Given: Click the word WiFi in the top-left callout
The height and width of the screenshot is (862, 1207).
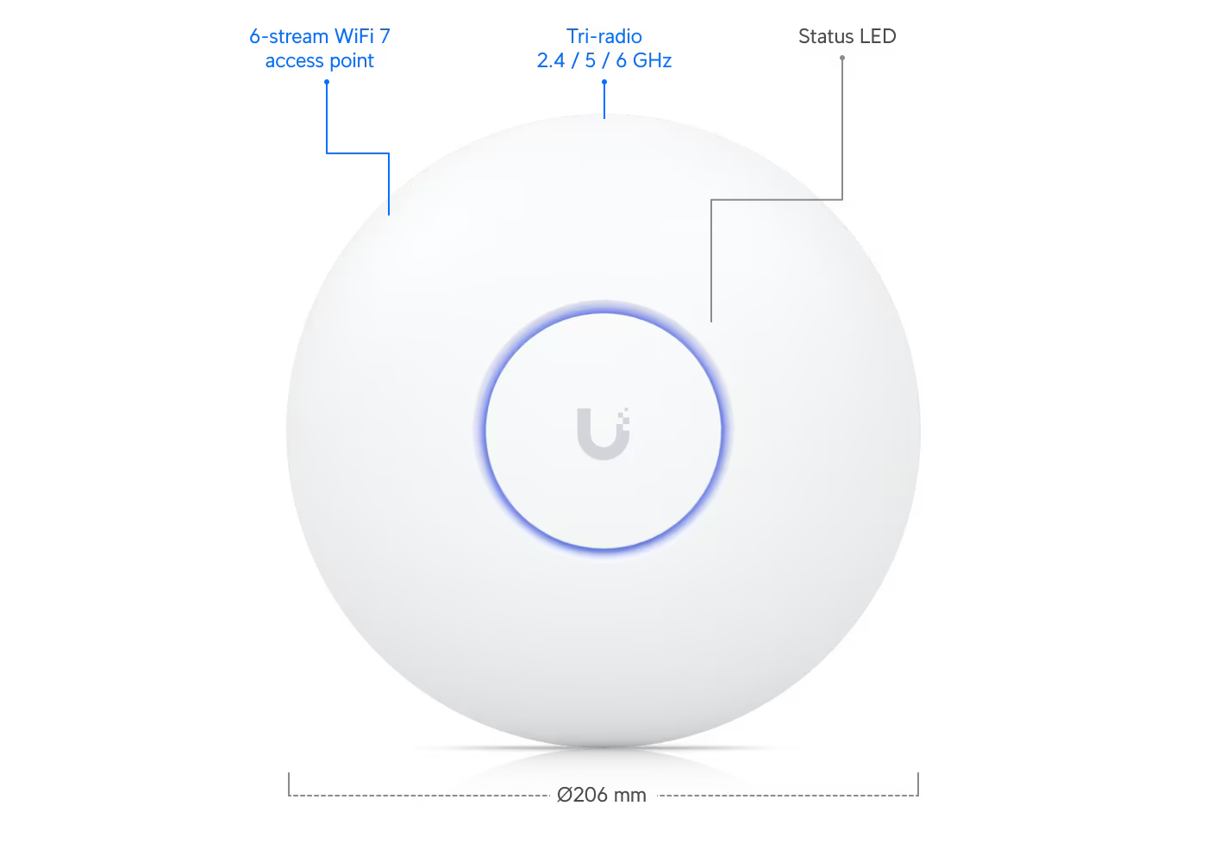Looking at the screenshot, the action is click(x=353, y=36).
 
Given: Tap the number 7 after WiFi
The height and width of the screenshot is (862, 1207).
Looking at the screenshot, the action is click(x=385, y=36).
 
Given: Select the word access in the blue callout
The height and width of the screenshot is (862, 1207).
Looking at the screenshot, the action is click(x=294, y=61).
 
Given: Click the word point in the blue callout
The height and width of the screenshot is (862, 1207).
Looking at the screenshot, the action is click(x=352, y=61).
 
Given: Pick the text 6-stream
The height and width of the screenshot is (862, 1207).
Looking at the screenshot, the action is click(x=288, y=36).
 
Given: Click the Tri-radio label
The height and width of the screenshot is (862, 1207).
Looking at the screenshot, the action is click(x=604, y=36).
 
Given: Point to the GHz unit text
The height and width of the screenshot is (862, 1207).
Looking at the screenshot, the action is click(x=652, y=60).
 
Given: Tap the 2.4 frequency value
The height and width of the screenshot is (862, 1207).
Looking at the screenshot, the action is click(x=551, y=60).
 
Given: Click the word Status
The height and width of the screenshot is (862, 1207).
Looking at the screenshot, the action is click(x=826, y=36).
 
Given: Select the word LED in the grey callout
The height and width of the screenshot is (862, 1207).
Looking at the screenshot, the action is click(x=879, y=36).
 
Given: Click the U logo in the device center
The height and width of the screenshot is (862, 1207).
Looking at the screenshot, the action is click(x=603, y=434).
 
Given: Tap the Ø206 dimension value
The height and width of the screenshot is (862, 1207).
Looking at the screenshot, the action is click(x=583, y=795).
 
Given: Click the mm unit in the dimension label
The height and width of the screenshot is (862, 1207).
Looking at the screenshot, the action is click(x=630, y=796).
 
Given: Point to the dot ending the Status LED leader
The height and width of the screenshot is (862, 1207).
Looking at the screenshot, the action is click(x=842, y=58).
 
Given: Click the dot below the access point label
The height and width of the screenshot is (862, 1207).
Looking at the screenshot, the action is click(x=327, y=82).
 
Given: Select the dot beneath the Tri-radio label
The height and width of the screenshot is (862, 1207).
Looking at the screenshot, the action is click(x=604, y=82).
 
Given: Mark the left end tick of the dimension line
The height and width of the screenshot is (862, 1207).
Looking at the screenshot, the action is click(x=289, y=784).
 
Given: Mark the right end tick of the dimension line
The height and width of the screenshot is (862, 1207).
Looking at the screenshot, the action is click(x=918, y=784).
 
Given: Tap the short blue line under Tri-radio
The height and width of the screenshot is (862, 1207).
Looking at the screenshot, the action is click(x=604, y=100).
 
